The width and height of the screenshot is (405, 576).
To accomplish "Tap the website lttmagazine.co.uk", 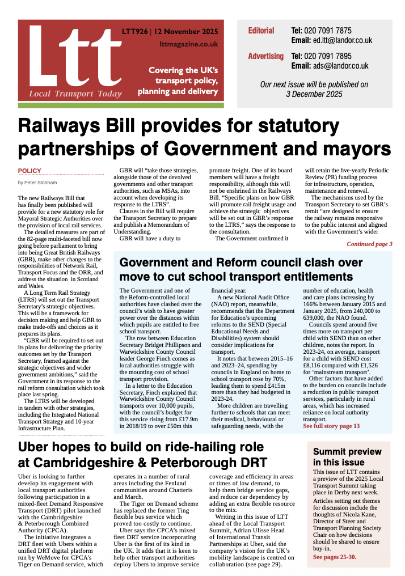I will (x=180, y=44).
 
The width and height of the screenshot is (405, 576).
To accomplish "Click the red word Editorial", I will (x=261, y=31).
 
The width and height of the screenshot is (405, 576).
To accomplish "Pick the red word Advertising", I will (x=265, y=56).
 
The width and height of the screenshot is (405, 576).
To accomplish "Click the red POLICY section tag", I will (x=29, y=171).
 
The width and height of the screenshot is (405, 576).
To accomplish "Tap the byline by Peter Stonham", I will (x=38, y=183).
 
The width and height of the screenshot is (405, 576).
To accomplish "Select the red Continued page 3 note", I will (x=369, y=244).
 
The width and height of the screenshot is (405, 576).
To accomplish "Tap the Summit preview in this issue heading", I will (x=347, y=457).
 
